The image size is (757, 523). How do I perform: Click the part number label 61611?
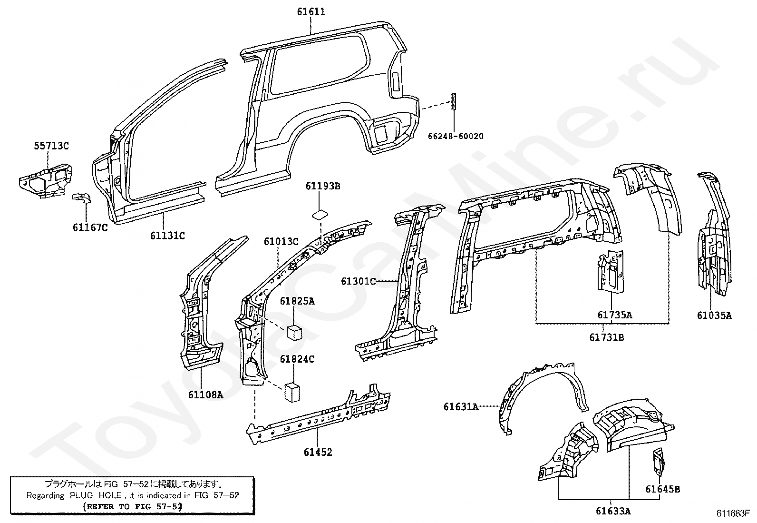point(311,11)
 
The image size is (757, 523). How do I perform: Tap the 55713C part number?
point(51,146)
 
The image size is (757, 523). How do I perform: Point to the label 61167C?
point(90,227)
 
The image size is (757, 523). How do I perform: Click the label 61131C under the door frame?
point(167,235)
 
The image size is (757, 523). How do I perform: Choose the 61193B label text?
point(323,186)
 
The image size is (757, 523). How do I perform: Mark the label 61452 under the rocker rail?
point(318,452)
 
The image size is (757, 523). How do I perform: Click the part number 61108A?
point(205,394)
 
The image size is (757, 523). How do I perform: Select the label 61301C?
point(358,281)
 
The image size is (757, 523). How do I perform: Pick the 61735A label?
point(614,315)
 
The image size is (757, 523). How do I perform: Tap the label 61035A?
point(714,315)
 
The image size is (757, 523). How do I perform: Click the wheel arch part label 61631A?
point(461,406)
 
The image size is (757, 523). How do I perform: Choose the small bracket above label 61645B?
point(659,460)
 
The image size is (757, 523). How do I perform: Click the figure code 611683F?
point(733,513)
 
